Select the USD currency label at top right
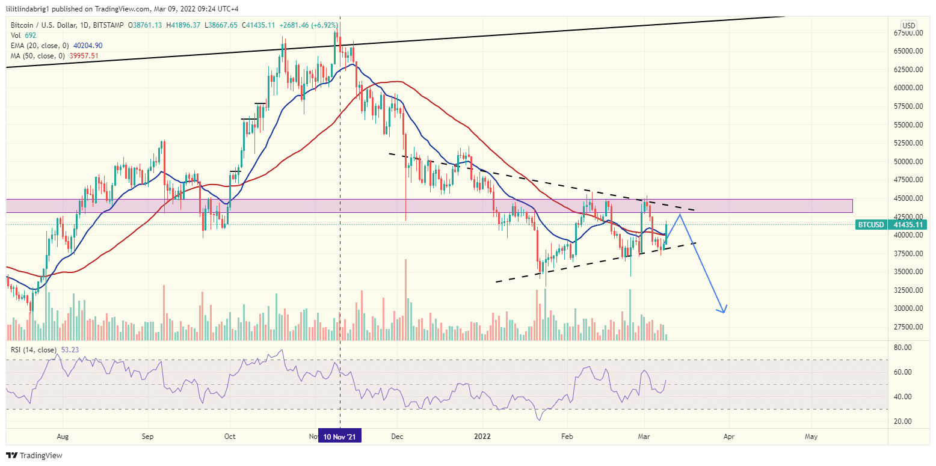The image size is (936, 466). pos(908,25)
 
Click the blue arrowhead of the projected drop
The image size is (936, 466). pos(724,310)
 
